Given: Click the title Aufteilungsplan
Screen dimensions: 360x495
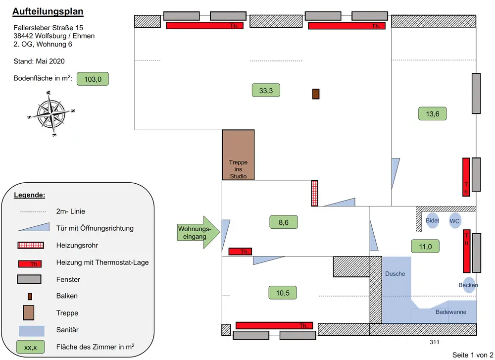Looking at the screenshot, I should click(48, 11).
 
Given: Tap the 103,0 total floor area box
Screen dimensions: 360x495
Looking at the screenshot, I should click(93, 79).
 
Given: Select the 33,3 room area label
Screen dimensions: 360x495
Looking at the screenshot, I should click(266, 90).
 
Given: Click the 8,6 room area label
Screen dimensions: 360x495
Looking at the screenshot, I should click(283, 222).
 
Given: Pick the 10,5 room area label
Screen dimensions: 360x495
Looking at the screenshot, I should click(283, 293).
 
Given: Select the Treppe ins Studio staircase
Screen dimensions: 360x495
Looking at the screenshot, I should click(238, 155).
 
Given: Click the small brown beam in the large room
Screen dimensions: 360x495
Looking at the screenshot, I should click(315, 94).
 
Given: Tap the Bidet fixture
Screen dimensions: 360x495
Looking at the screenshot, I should click(432, 221).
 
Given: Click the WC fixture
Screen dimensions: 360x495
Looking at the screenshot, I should click(455, 221).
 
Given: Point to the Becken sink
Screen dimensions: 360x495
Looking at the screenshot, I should click(468, 285).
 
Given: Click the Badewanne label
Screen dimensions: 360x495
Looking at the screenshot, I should click(450, 312).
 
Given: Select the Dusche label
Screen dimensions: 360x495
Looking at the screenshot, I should click(395, 274).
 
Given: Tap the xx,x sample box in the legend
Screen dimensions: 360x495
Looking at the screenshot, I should click(31, 347).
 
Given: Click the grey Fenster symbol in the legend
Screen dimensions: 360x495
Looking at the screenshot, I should click(31, 279).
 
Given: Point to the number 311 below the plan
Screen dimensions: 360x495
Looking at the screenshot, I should click(434, 342).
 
